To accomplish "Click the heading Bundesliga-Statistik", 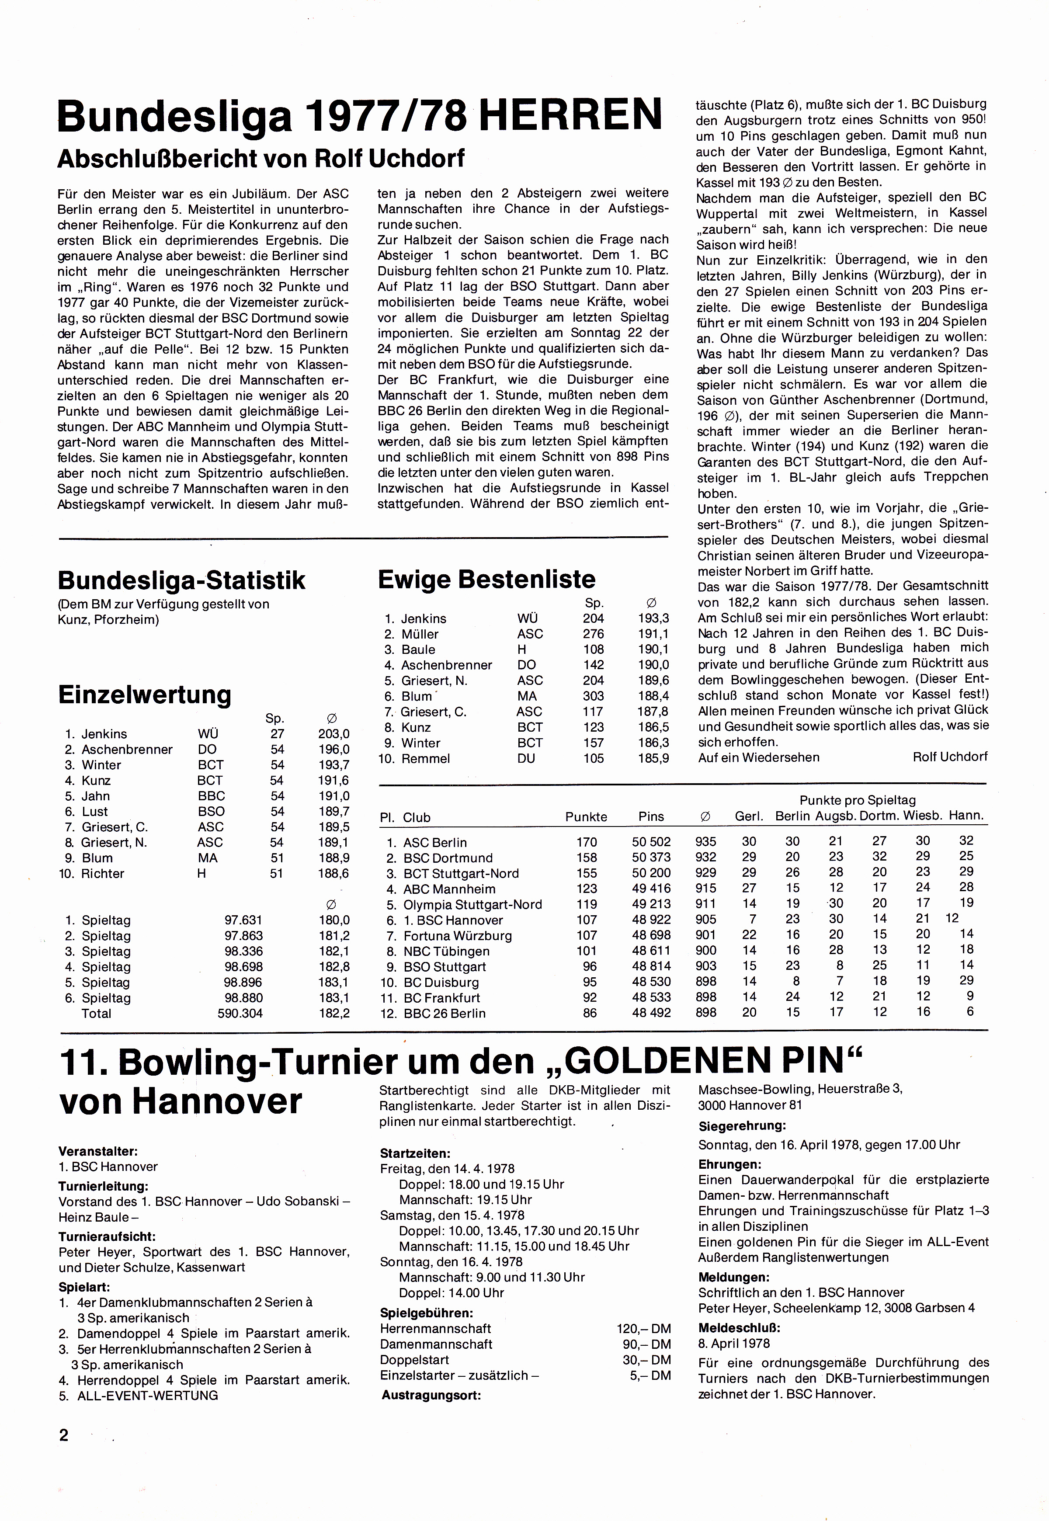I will click(181, 580).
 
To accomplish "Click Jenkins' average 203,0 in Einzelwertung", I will click(334, 734).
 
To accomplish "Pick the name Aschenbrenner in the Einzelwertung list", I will click(127, 749).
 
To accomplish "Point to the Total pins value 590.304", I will click(240, 1014).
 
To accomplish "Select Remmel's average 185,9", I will click(653, 758).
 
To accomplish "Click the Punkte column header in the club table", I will click(586, 817).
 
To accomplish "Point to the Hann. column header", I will click(966, 816).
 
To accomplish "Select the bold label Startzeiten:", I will click(415, 1153).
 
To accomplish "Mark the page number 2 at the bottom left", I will click(64, 1435).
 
